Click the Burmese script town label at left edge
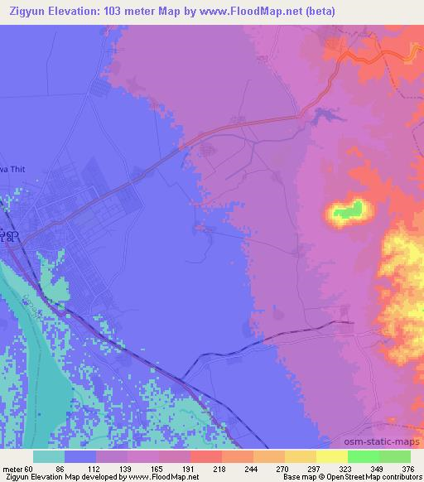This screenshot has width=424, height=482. coord(7,237)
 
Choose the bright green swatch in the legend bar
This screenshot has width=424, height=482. coord(363,456)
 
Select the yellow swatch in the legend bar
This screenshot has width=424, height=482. coord(331,456)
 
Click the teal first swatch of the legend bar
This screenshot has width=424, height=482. coord(49,456)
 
